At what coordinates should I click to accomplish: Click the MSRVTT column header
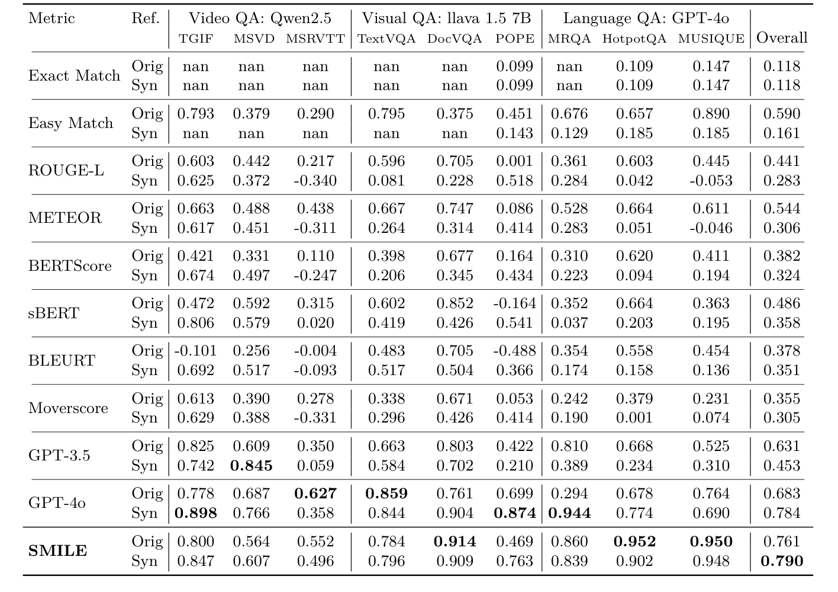[315, 39]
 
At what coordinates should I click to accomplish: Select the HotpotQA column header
[634, 39]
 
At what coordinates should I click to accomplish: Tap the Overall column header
[782, 38]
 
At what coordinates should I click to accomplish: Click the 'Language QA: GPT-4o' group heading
[646, 18]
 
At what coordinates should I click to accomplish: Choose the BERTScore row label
[70, 265]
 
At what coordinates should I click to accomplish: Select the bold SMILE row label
[58, 551]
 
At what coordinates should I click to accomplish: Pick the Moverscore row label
[68, 408]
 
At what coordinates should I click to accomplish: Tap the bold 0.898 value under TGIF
[195, 513]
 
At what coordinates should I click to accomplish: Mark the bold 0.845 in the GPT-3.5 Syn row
[251, 466]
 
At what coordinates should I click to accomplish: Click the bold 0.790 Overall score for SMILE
[782, 561]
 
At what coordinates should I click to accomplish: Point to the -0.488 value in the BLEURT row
[514, 351]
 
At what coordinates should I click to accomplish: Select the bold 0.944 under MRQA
[569, 513]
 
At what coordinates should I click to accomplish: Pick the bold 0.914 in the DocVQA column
[455, 542]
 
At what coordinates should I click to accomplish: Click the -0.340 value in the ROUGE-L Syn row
[315, 180]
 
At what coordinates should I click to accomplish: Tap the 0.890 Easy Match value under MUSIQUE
[711, 114]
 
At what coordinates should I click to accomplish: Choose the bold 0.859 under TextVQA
[386, 494]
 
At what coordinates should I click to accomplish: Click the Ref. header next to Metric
[146, 18]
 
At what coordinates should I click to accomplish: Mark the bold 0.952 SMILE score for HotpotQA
[634, 542]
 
